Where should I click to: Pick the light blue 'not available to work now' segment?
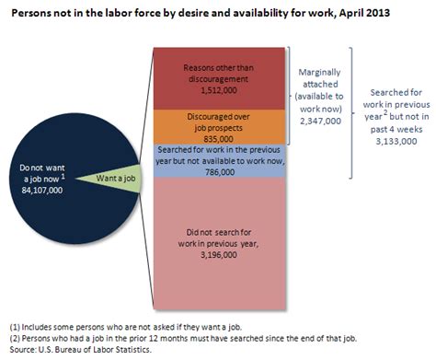[x=223, y=160]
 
